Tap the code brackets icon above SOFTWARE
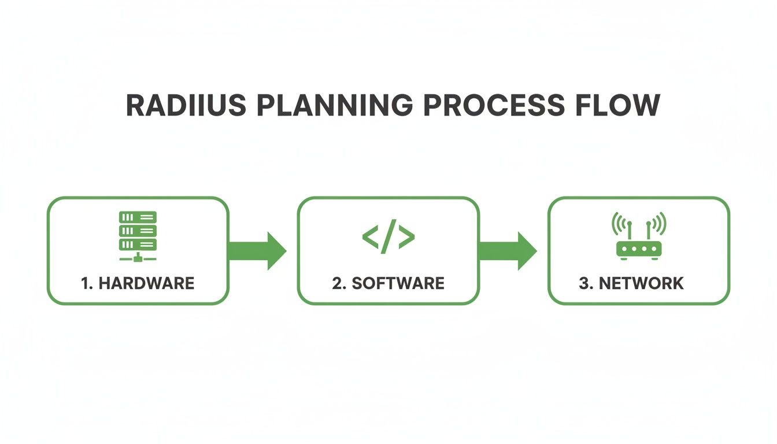pyautogui.click(x=388, y=236)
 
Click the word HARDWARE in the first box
pyautogui.click(x=146, y=283)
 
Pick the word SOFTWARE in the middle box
pyautogui.click(x=398, y=283)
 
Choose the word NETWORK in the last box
pyautogui.click(x=641, y=283)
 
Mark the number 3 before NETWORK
pyautogui.click(x=584, y=283)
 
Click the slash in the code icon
pyautogui.click(x=388, y=236)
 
